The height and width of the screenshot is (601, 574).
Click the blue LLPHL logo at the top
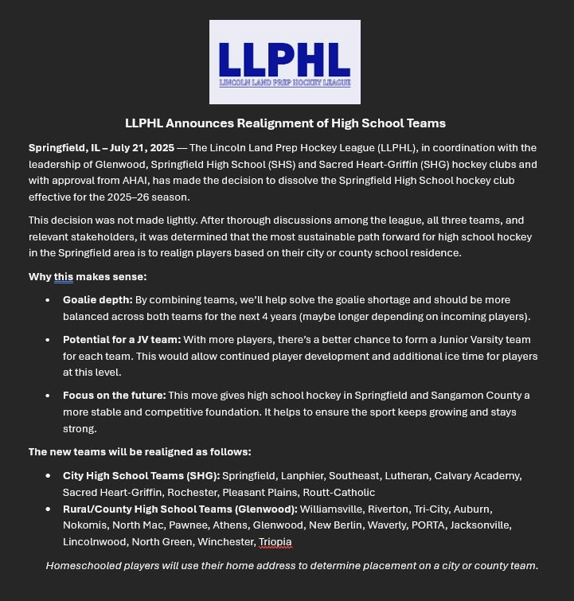click(x=284, y=62)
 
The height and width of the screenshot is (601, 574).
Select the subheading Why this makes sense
click(x=88, y=277)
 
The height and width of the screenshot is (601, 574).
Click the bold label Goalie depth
click(x=97, y=300)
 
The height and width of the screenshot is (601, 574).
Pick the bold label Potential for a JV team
click(x=122, y=340)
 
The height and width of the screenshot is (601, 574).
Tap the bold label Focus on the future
click(x=114, y=396)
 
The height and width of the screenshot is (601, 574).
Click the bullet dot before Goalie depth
click(x=48, y=301)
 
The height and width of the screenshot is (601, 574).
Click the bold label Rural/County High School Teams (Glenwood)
click(x=180, y=509)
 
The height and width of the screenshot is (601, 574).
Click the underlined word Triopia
click(x=275, y=542)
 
